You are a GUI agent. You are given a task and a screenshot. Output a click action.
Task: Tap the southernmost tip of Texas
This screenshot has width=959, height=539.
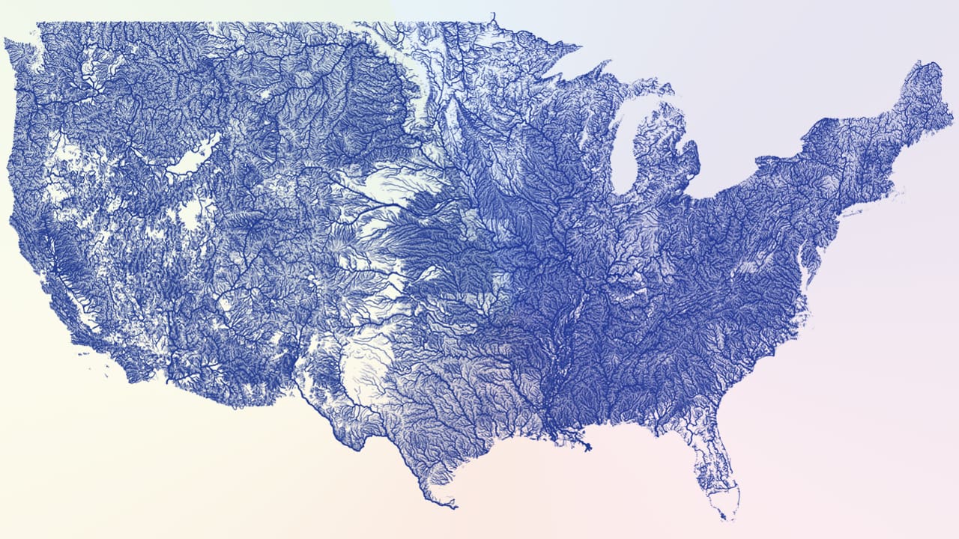[453, 508]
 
